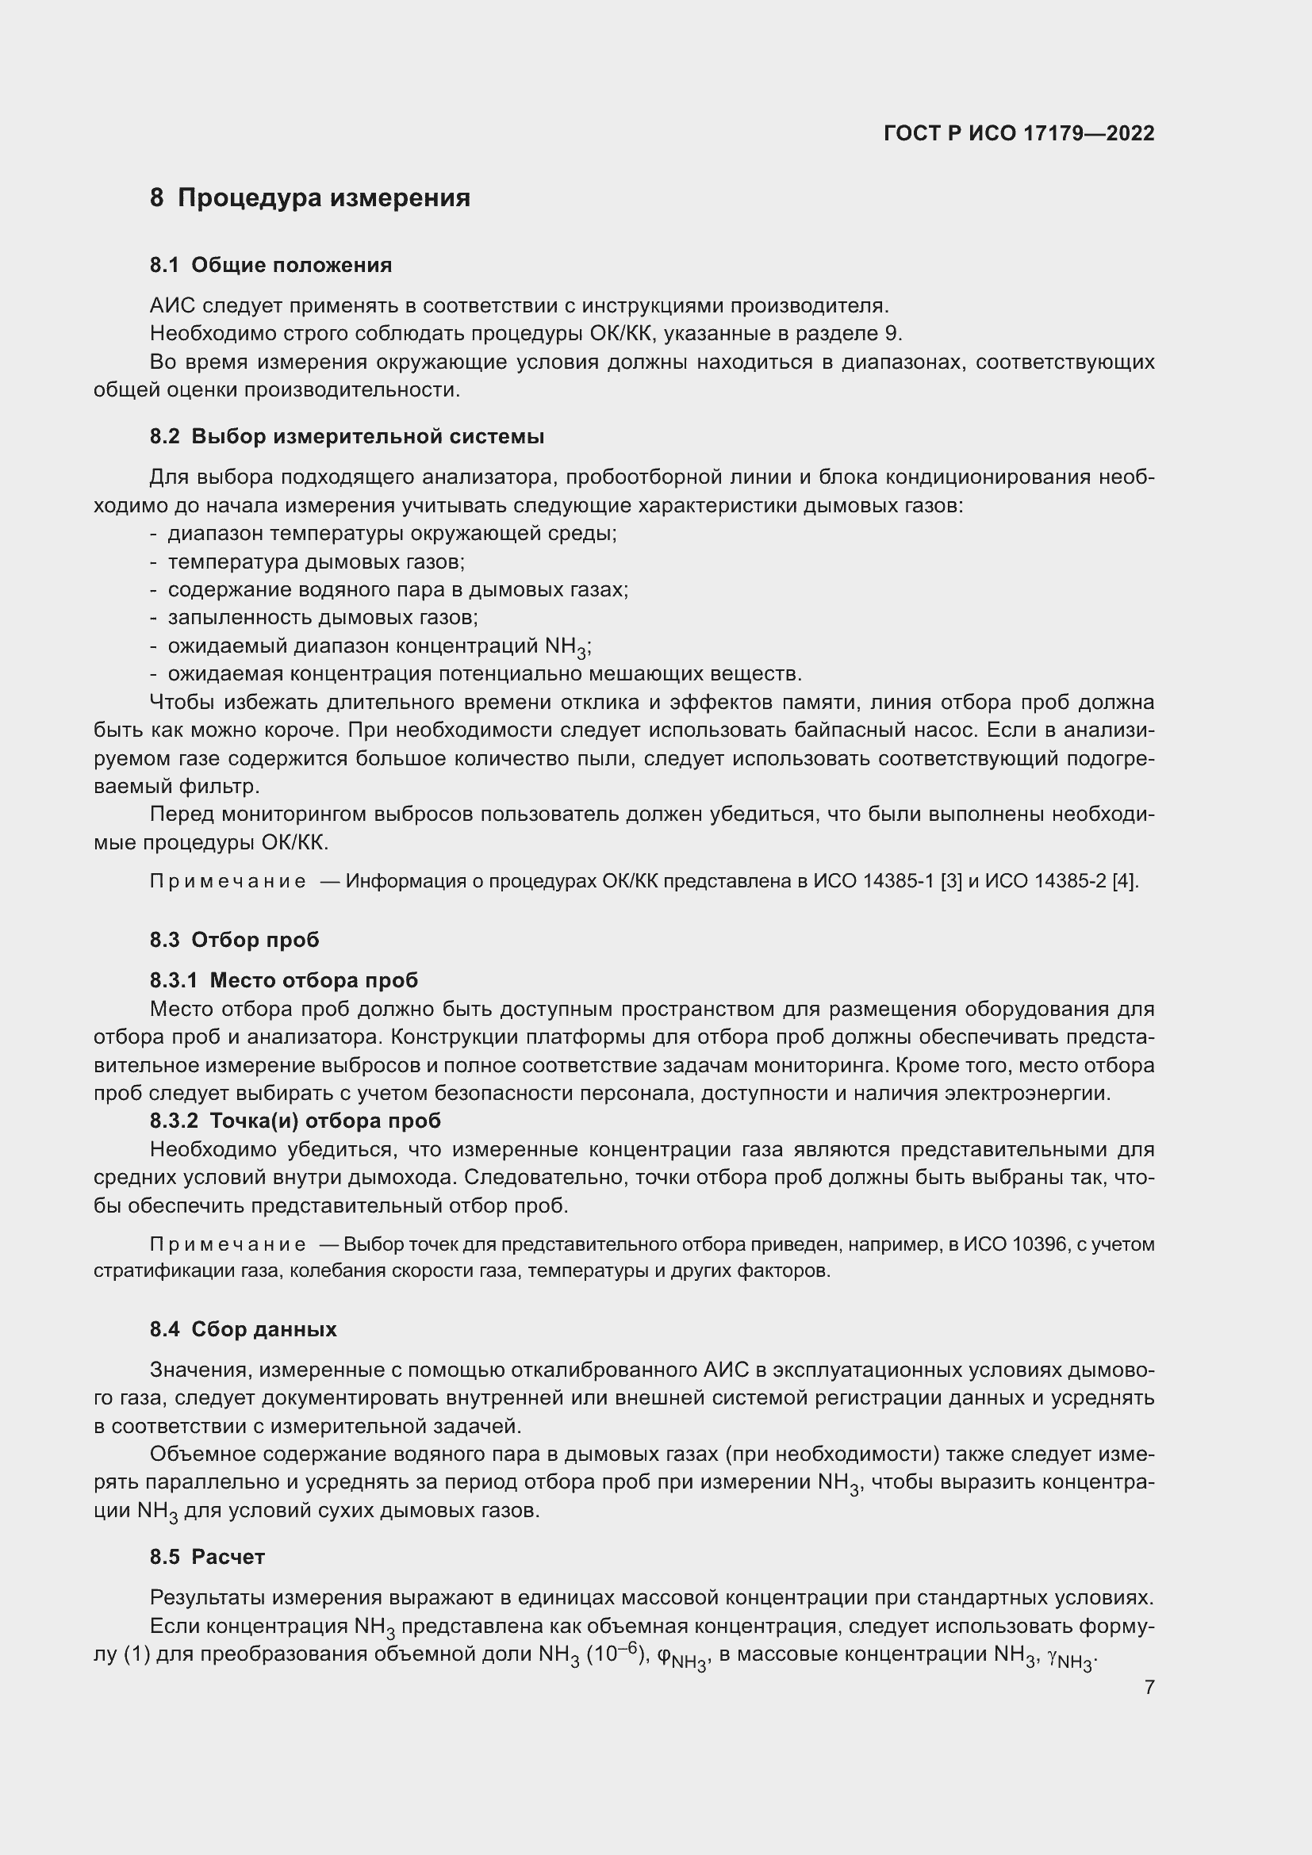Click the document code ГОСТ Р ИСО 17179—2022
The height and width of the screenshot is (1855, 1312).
1019,133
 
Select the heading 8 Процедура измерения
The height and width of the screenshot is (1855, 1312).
309,198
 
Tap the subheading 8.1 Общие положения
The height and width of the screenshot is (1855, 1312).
270,265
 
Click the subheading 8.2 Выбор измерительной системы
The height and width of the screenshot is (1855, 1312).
347,436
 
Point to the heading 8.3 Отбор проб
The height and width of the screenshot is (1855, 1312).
234,940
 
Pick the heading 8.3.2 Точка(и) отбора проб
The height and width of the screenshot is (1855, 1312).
295,1121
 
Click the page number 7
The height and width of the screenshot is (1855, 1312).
1149,1687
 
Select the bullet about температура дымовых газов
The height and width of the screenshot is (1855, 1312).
316,561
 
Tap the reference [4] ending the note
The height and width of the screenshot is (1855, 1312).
1125,881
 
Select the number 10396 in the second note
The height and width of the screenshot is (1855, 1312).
1038,1244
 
